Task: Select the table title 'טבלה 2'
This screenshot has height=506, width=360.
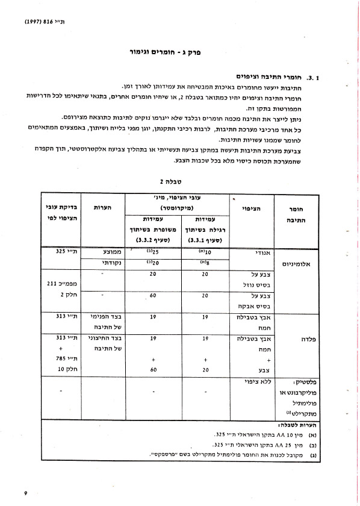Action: (170, 180)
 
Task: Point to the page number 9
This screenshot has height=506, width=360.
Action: (26, 493)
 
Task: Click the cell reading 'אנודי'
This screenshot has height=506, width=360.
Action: (247, 253)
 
